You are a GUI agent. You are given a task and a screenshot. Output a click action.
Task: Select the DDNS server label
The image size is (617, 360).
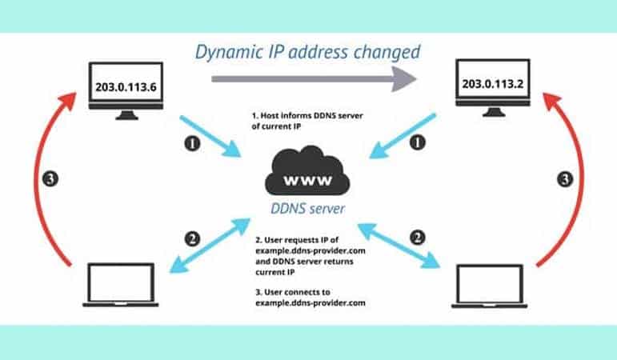coord(308,210)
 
